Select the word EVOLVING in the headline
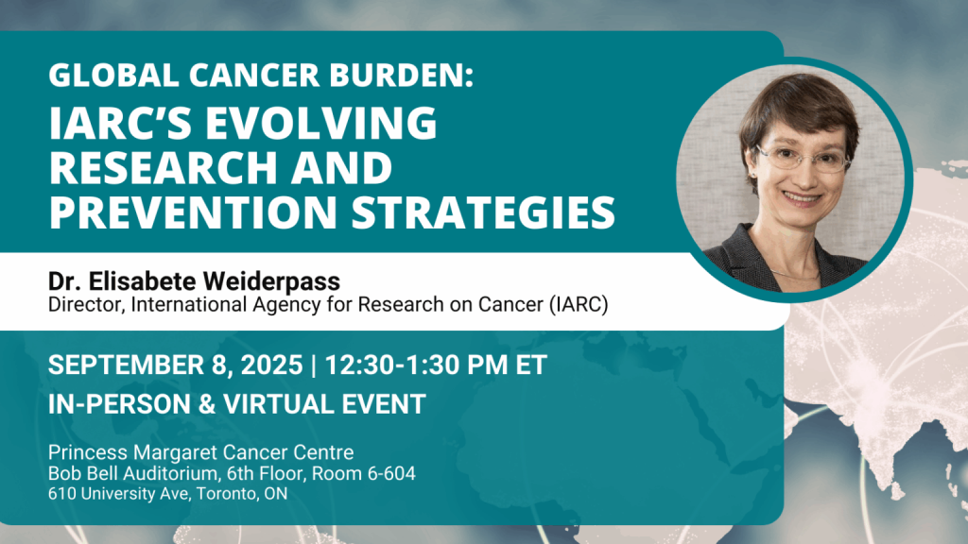(x=321, y=122)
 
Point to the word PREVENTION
(x=193, y=212)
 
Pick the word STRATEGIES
(x=483, y=212)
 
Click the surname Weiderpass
(x=271, y=281)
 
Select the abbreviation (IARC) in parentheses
(x=579, y=305)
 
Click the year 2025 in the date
(x=271, y=365)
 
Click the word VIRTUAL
(x=278, y=404)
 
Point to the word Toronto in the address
(x=228, y=494)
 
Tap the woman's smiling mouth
(x=802, y=198)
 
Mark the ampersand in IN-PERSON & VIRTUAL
(x=207, y=404)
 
